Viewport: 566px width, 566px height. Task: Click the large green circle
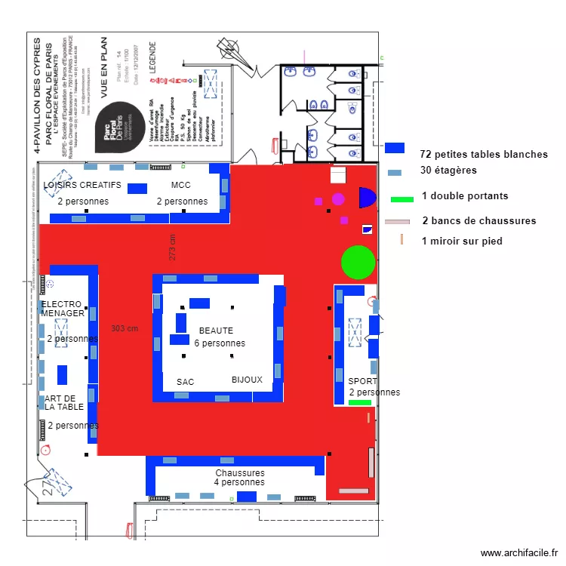pos(358,262)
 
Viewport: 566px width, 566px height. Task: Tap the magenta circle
pos(338,199)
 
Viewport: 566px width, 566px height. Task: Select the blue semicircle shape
pos(366,198)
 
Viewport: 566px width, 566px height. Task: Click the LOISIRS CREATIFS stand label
pos(82,186)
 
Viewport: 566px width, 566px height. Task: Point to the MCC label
pos(181,186)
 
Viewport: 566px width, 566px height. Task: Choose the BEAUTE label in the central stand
pos(216,331)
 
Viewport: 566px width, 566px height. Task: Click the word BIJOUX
pos(247,380)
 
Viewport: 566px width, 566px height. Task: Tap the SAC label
pos(186,382)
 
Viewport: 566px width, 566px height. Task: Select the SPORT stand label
pos(362,381)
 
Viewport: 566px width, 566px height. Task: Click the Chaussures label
pos(239,473)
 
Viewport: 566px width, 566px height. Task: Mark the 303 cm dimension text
pos(125,328)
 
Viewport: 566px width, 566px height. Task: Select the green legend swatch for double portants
pos(402,199)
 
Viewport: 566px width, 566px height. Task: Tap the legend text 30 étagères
pos(449,171)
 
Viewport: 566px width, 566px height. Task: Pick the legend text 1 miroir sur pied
pos(462,241)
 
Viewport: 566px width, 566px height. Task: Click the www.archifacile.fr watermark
pos(518,552)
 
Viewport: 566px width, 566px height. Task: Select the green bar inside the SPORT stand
pos(360,403)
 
